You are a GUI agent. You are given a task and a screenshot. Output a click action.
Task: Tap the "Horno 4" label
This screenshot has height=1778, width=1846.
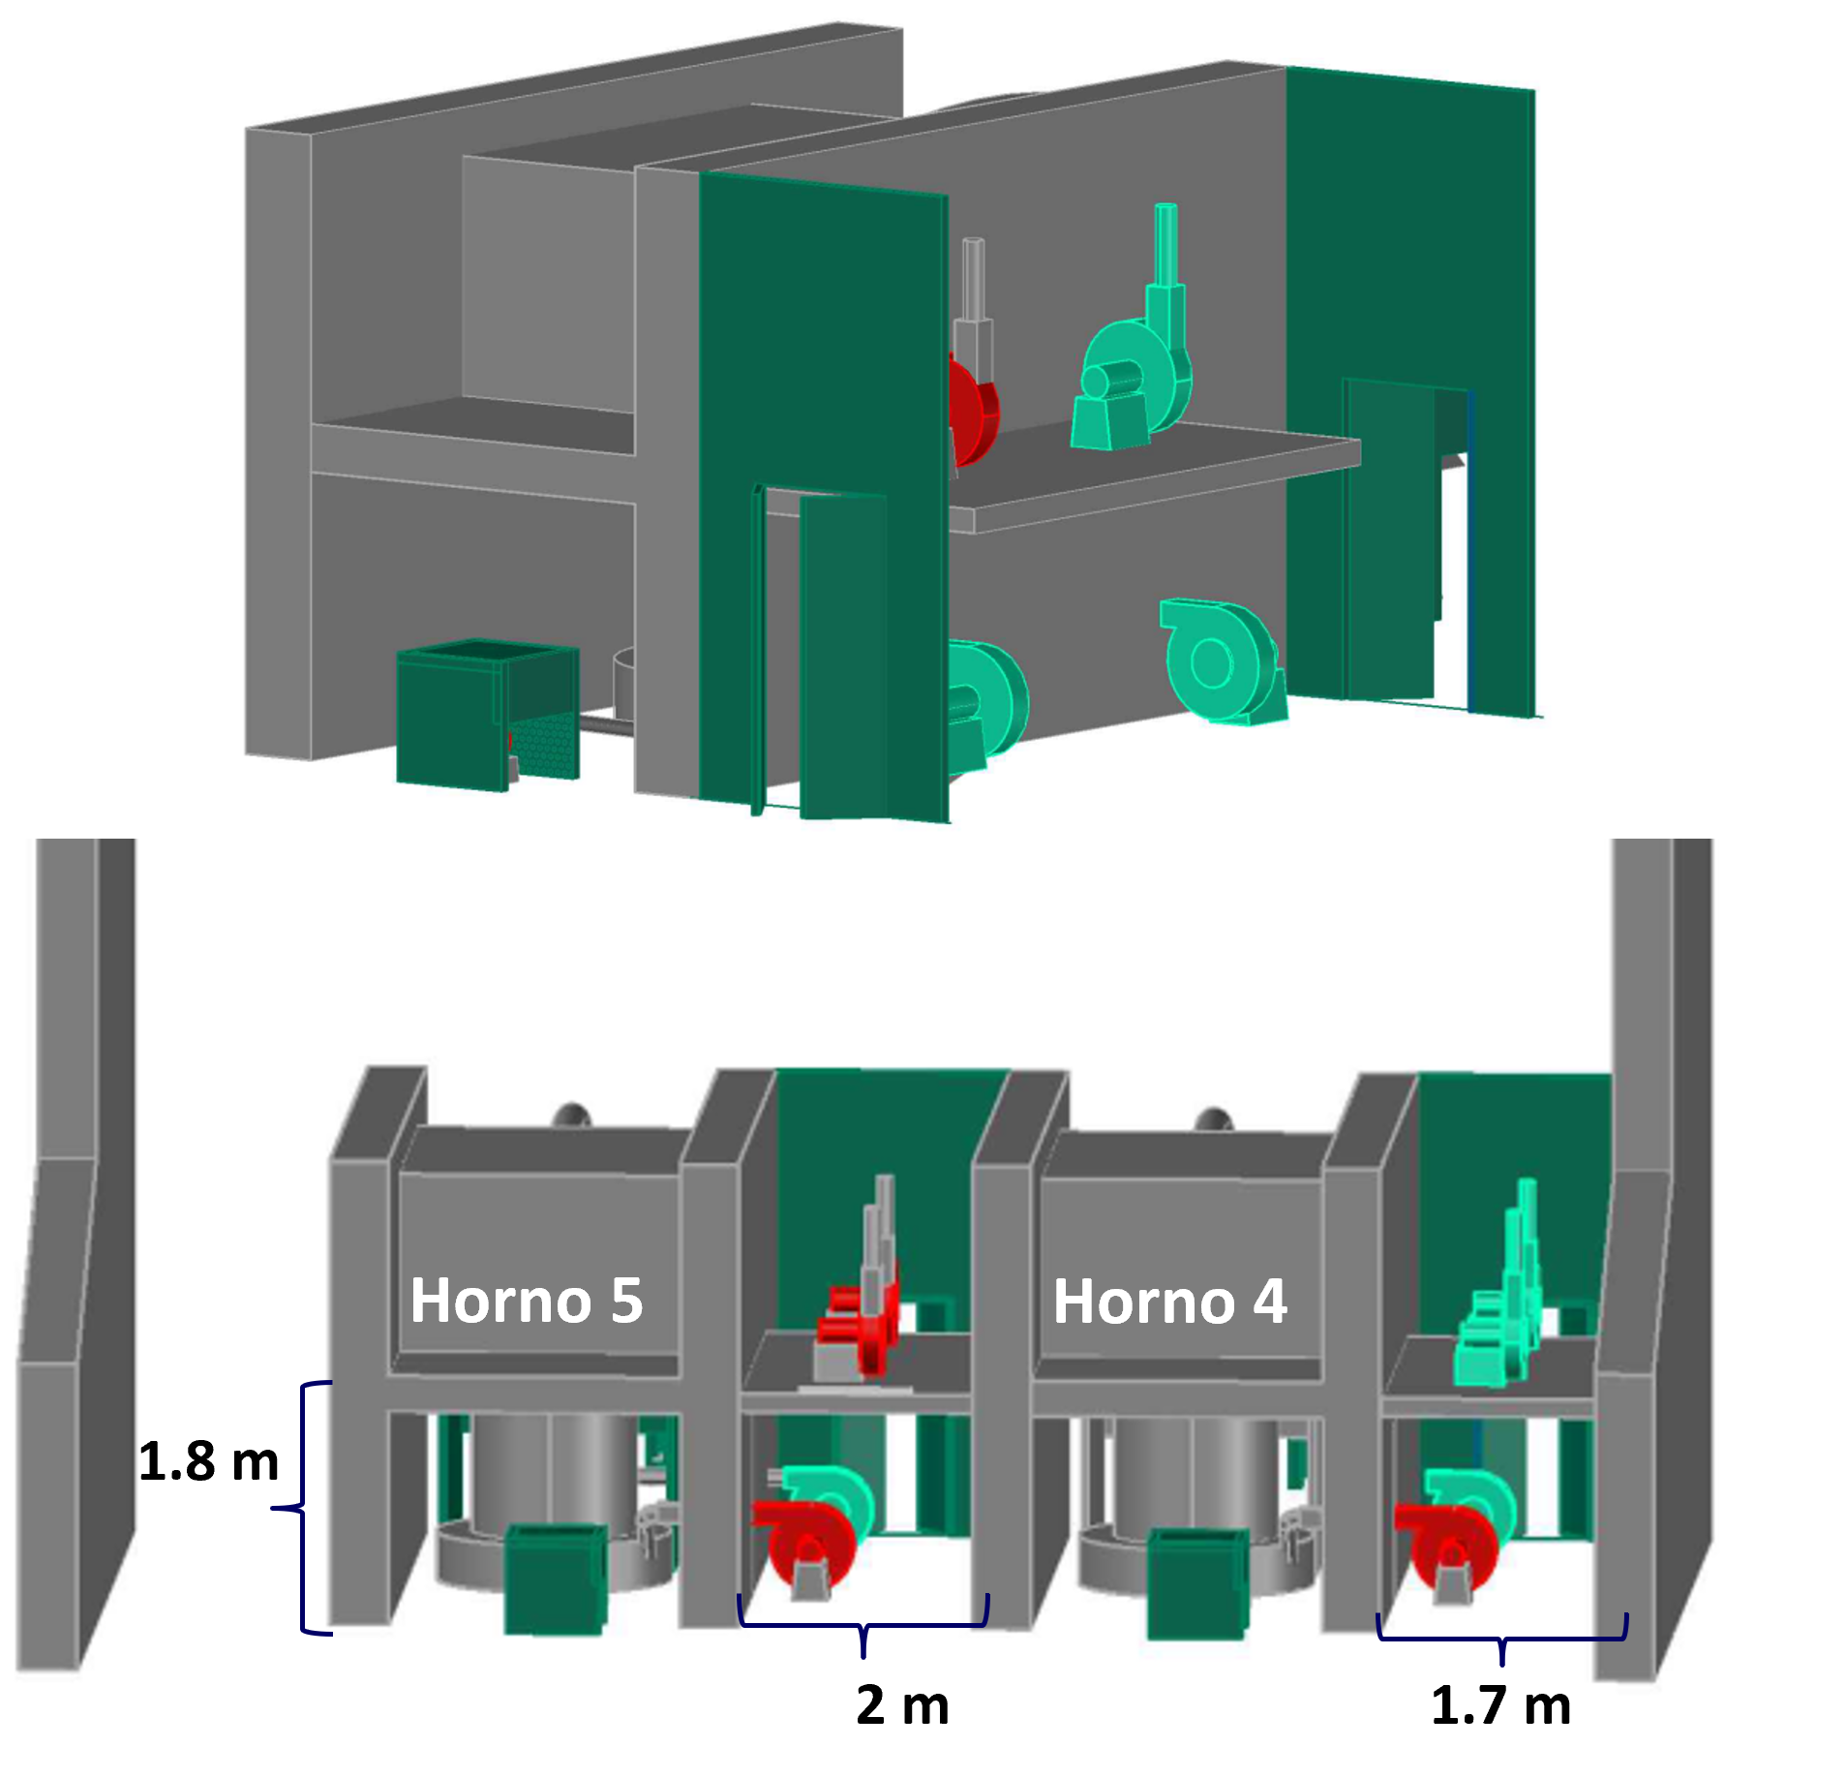pyautogui.click(x=1169, y=1301)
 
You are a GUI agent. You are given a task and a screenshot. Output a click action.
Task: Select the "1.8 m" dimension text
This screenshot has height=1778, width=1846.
pyautogui.click(x=208, y=1460)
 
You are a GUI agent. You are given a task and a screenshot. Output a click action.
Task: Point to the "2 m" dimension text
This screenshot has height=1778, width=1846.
pyautogui.click(x=902, y=1704)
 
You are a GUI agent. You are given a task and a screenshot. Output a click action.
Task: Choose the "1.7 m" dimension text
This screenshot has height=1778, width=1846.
pyautogui.click(x=1500, y=1704)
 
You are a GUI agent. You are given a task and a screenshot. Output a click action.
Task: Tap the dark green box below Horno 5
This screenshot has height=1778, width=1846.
pyautogui.click(x=556, y=1579)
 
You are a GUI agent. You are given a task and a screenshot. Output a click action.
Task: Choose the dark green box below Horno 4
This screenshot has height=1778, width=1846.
pyautogui.click(x=1196, y=1583)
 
